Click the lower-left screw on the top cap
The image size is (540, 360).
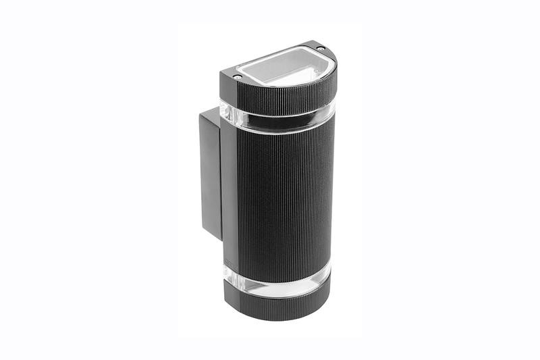[238, 77]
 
